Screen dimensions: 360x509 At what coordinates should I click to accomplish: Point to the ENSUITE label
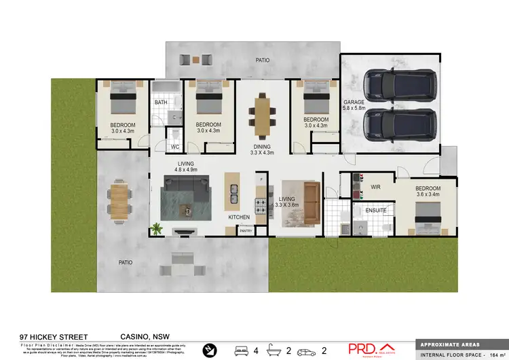(375, 211)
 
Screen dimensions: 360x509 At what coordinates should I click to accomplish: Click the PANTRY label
(246, 231)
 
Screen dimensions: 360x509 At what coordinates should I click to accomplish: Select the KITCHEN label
(239, 217)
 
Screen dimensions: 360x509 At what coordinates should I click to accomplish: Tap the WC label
(174, 147)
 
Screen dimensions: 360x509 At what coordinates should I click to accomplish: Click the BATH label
(161, 103)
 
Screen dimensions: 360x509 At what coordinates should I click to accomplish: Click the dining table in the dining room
(262, 111)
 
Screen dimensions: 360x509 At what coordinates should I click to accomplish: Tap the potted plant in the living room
(157, 229)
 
